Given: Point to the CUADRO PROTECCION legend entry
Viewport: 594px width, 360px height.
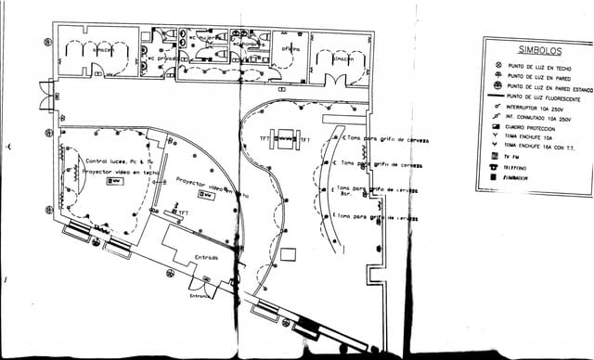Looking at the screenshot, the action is [x=534, y=127].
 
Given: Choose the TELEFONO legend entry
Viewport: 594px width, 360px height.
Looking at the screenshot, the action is [x=514, y=167].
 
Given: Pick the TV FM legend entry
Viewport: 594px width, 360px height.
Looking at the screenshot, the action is [x=511, y=157].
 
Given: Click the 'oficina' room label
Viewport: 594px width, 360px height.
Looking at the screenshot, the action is [x=291, y=48].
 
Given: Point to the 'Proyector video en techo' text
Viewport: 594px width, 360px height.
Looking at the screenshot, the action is [x=115, y=172].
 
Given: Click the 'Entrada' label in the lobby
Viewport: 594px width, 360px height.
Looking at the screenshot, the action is [x=206, y=257].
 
